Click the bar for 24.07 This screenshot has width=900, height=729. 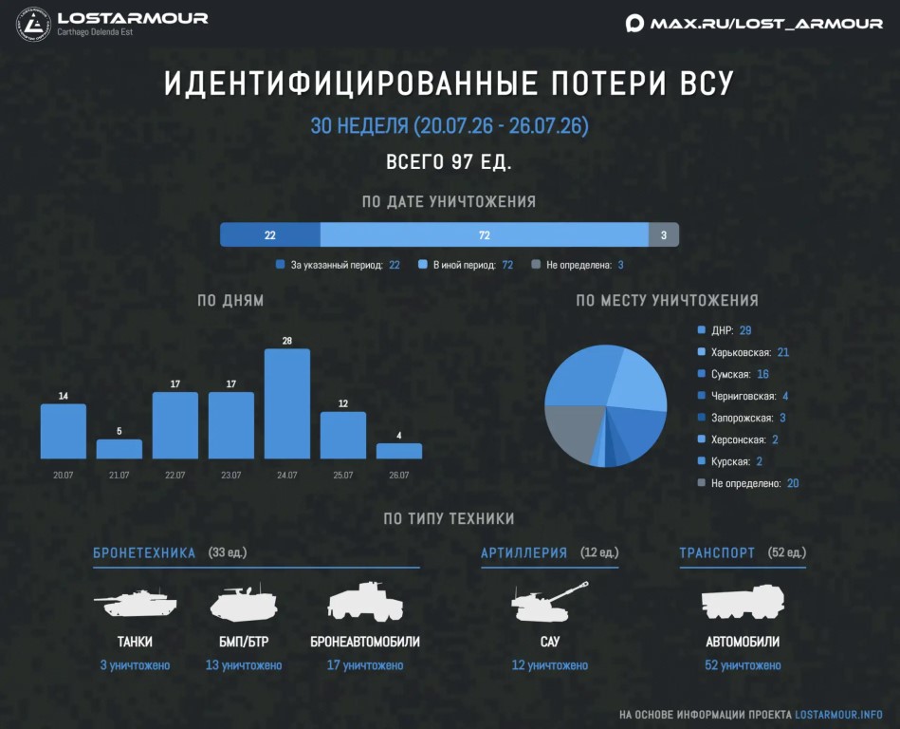pyautogui.click(x=287, y=403)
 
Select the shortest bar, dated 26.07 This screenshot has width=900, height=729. pyautogui.click(x=399, y=451)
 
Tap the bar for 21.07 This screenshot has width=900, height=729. pyautogui.click(x=119, y=449)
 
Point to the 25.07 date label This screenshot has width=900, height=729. pyautogui.click(x=342, y=476)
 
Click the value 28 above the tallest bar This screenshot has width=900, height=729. pyautogui.click(x=287, y=341)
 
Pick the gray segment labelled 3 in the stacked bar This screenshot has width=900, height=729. pyautogui.click(x=664, y=235)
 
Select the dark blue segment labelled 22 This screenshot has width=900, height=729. pyautogui.click(x=269, y=235)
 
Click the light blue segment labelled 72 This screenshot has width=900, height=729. pyautogui.click(x=485, y=235)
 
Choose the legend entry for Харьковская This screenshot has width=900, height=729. pyautogui.click(x=743, y=352)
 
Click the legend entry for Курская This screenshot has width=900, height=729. pyautogui.click(x=729, y=461)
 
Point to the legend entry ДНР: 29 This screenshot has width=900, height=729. pyautogui.click(x=724, y=330)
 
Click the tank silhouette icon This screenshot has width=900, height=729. pyautogui.click(x=135, y=603)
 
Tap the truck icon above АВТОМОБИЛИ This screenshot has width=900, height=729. pyautogui.click(x=743, y=602)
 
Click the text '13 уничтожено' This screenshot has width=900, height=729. pyautogui.click(x=244, y=665)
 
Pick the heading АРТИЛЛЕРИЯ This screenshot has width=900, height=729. pyautogui.click(x=524, y=552)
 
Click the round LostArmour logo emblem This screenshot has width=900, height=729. pyautogui.click(x=33, y=24)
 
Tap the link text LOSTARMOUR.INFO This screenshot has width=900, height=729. pyautogui.click(x=838, y=715)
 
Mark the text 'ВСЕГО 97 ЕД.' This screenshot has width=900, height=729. pyautogui.click(x=449, y=162)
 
